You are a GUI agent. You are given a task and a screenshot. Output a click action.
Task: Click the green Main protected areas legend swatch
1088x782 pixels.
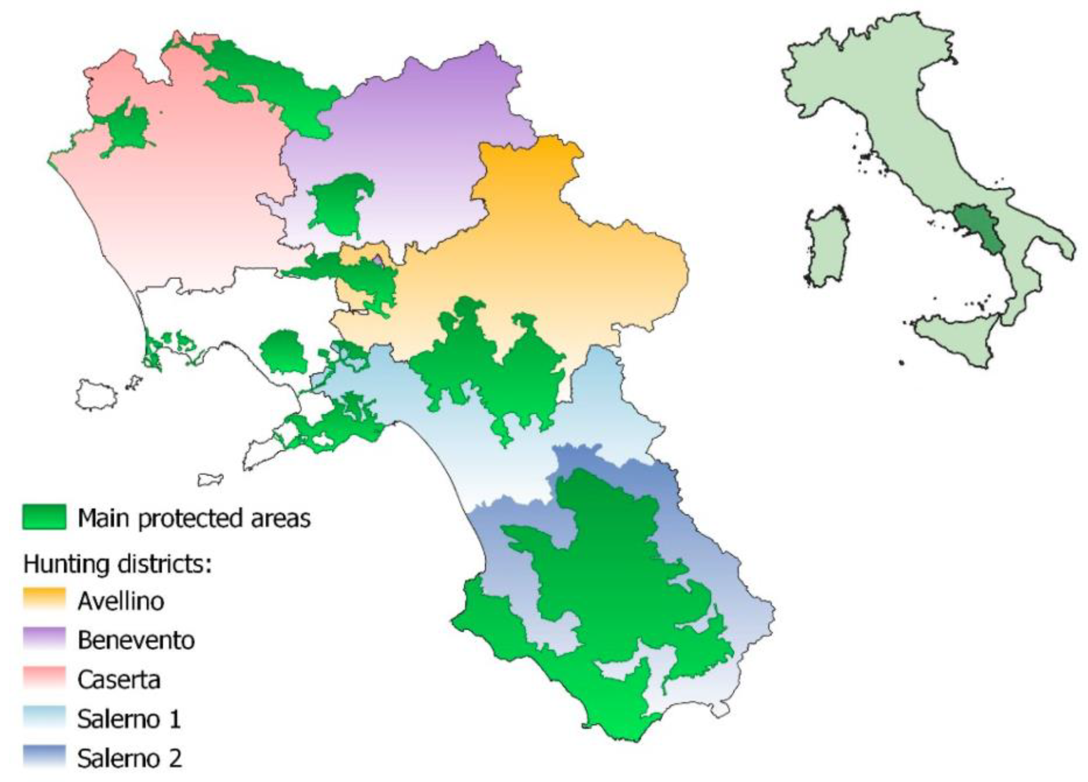click(44, 517)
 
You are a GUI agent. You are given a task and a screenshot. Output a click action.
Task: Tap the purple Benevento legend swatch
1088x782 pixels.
click(44, 639)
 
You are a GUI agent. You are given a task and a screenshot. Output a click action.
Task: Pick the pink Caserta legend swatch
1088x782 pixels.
click(44, 678)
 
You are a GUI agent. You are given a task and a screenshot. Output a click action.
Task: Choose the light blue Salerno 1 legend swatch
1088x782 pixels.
click(44, 717)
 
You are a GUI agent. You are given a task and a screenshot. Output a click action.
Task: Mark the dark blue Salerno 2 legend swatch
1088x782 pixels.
click(44, 757)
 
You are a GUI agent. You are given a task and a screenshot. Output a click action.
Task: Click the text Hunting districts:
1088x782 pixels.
click(118, 564)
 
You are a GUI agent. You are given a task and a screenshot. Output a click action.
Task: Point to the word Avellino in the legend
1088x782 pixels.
click(121, 601)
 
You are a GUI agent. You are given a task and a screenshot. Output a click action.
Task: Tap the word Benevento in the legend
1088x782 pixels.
click(136, 640)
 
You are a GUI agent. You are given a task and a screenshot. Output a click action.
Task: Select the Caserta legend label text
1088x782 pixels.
click(119, 679)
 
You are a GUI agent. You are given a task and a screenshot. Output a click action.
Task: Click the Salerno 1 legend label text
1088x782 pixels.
click(129, 719)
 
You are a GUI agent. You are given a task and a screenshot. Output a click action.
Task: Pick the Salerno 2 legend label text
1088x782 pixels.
click(129, 758)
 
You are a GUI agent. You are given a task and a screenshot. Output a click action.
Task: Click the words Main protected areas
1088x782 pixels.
click(194, 518)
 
